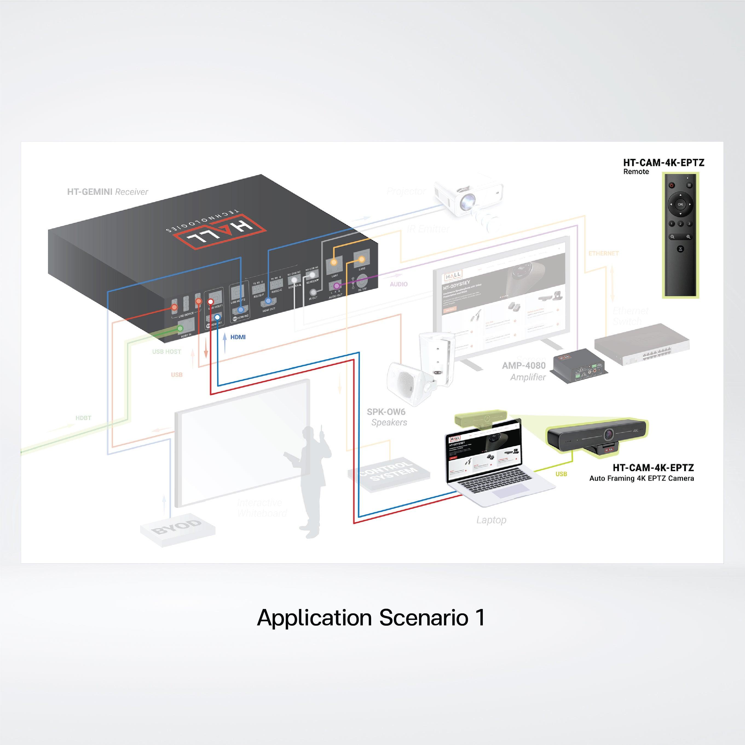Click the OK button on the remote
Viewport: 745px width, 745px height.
point(680,204)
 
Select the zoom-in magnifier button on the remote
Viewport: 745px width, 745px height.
point(688,237)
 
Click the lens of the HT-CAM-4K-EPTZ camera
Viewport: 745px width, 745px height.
point(609,434)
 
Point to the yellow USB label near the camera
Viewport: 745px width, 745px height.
point(561,474)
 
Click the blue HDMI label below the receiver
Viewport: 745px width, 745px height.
point(238,337)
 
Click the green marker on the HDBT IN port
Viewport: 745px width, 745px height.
point(180,328)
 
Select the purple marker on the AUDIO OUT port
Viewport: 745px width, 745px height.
point(336,286)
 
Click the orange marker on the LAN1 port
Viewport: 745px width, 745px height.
point(334,262)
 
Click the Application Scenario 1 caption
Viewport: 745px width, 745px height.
point(371,617)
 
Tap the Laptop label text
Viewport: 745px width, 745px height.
point(491,520)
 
